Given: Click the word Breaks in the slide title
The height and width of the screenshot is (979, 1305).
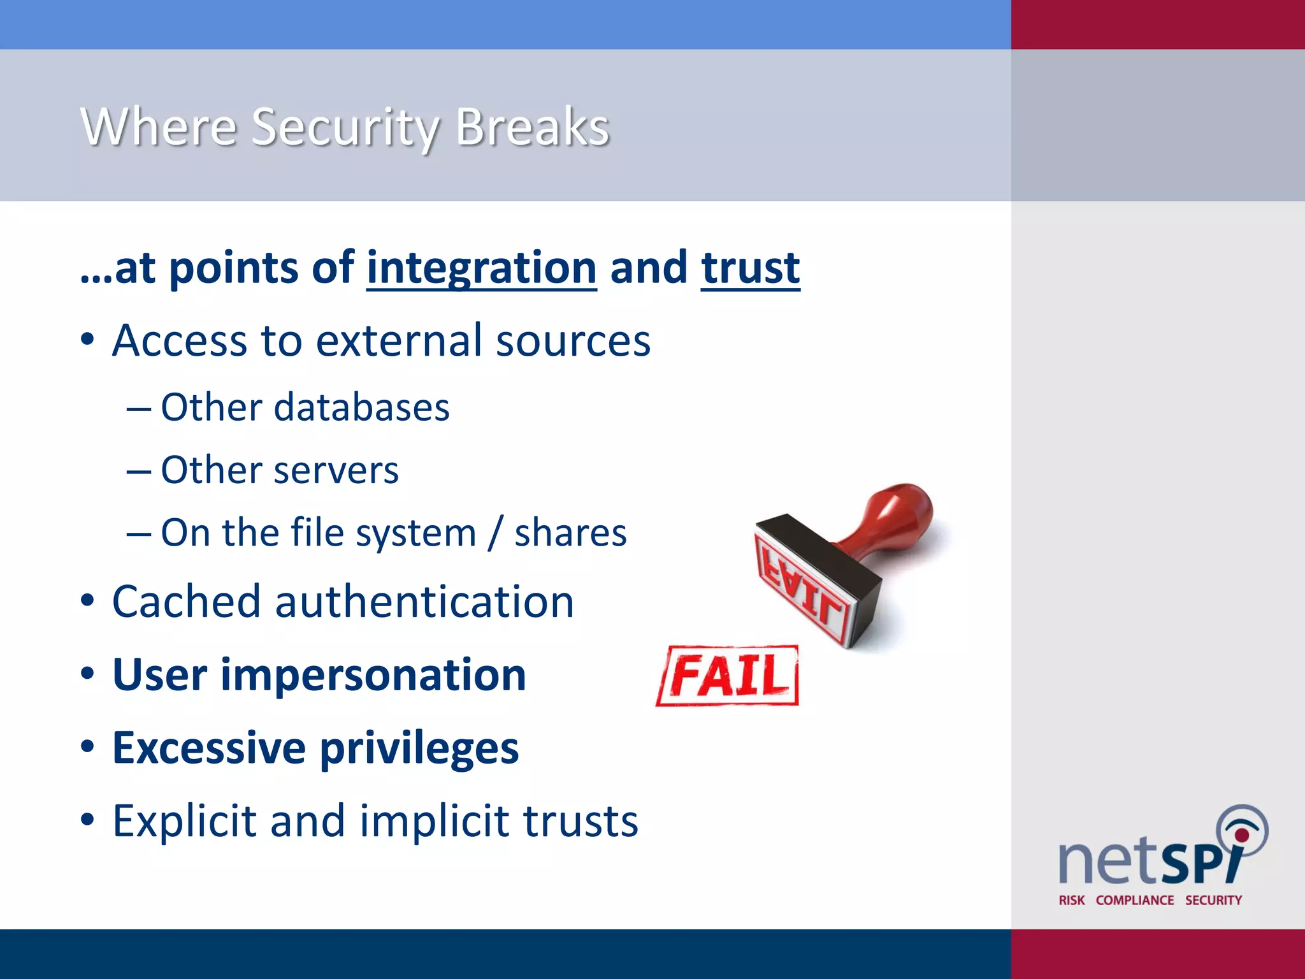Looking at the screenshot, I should [533, 127].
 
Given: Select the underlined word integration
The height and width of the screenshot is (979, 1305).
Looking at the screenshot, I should [482, 268].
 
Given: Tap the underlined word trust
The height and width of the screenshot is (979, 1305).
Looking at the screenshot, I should [750, 268].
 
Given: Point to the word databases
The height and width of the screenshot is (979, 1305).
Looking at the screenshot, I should [361, 407].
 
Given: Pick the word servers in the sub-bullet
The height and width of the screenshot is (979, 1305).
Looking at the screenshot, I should [336, 470].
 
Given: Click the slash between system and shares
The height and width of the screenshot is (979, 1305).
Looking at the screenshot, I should [495, 533].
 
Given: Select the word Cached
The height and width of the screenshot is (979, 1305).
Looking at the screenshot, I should [186, 602].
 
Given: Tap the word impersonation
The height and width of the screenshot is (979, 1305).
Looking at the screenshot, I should [373, 675].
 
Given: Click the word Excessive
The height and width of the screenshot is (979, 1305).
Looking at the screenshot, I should [209, 748].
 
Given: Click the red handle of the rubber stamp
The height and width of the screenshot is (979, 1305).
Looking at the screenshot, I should [892, 516].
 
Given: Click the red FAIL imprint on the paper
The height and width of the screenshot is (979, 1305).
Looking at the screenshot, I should [728, 676].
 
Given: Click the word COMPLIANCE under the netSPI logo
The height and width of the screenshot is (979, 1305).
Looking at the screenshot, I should [1135, 900].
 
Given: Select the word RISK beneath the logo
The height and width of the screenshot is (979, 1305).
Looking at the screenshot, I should [1071, 900].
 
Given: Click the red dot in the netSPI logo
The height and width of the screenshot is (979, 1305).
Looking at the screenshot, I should [1241, 835].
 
